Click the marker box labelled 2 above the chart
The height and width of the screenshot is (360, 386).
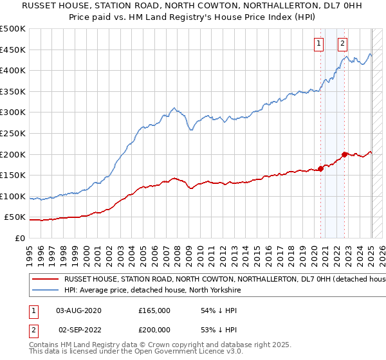tap(342, 44)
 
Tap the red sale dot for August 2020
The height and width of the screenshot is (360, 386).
tap(320, 169)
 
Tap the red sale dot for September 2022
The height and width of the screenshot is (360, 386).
tap(345, 154)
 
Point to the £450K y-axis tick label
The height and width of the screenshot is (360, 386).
tap(13, 50)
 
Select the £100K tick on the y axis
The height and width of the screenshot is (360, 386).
tap(13, 196)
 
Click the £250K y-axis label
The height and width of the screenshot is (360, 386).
tap(13, 133)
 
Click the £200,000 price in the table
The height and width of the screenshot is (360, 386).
tap(154, 329)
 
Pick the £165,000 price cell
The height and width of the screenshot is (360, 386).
tap(154, 310)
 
